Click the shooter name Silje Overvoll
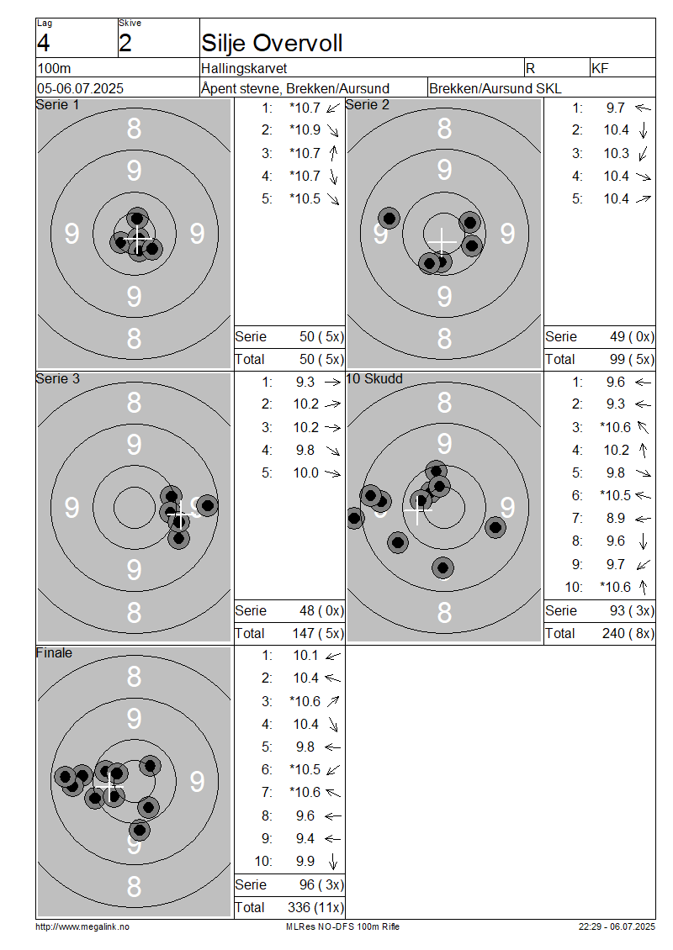[x=272, y=43]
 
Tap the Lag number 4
[x=43, y=43]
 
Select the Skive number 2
[x=125, y=43]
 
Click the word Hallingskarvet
[x=244, y=68]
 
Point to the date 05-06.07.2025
[x=80, y=88]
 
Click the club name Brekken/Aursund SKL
[x=495, y=88]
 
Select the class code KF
[x=600, y=68]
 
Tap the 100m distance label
[x=54, y=68]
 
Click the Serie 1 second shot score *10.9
[x=305, y=129]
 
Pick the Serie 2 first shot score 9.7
[x=616, y=108]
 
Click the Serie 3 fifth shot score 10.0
[x=305, y=472]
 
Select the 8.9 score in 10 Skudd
[x=616, y=518]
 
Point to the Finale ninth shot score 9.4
[x=305, y=838]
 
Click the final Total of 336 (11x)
[x=315, y=908]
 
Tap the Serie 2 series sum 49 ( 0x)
[x=632, y=337]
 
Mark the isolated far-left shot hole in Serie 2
[x=389, y=218]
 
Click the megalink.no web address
[x=82, y=926]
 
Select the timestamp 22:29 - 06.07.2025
[x=617, y=926]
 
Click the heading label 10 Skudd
[x=374, y=378]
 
